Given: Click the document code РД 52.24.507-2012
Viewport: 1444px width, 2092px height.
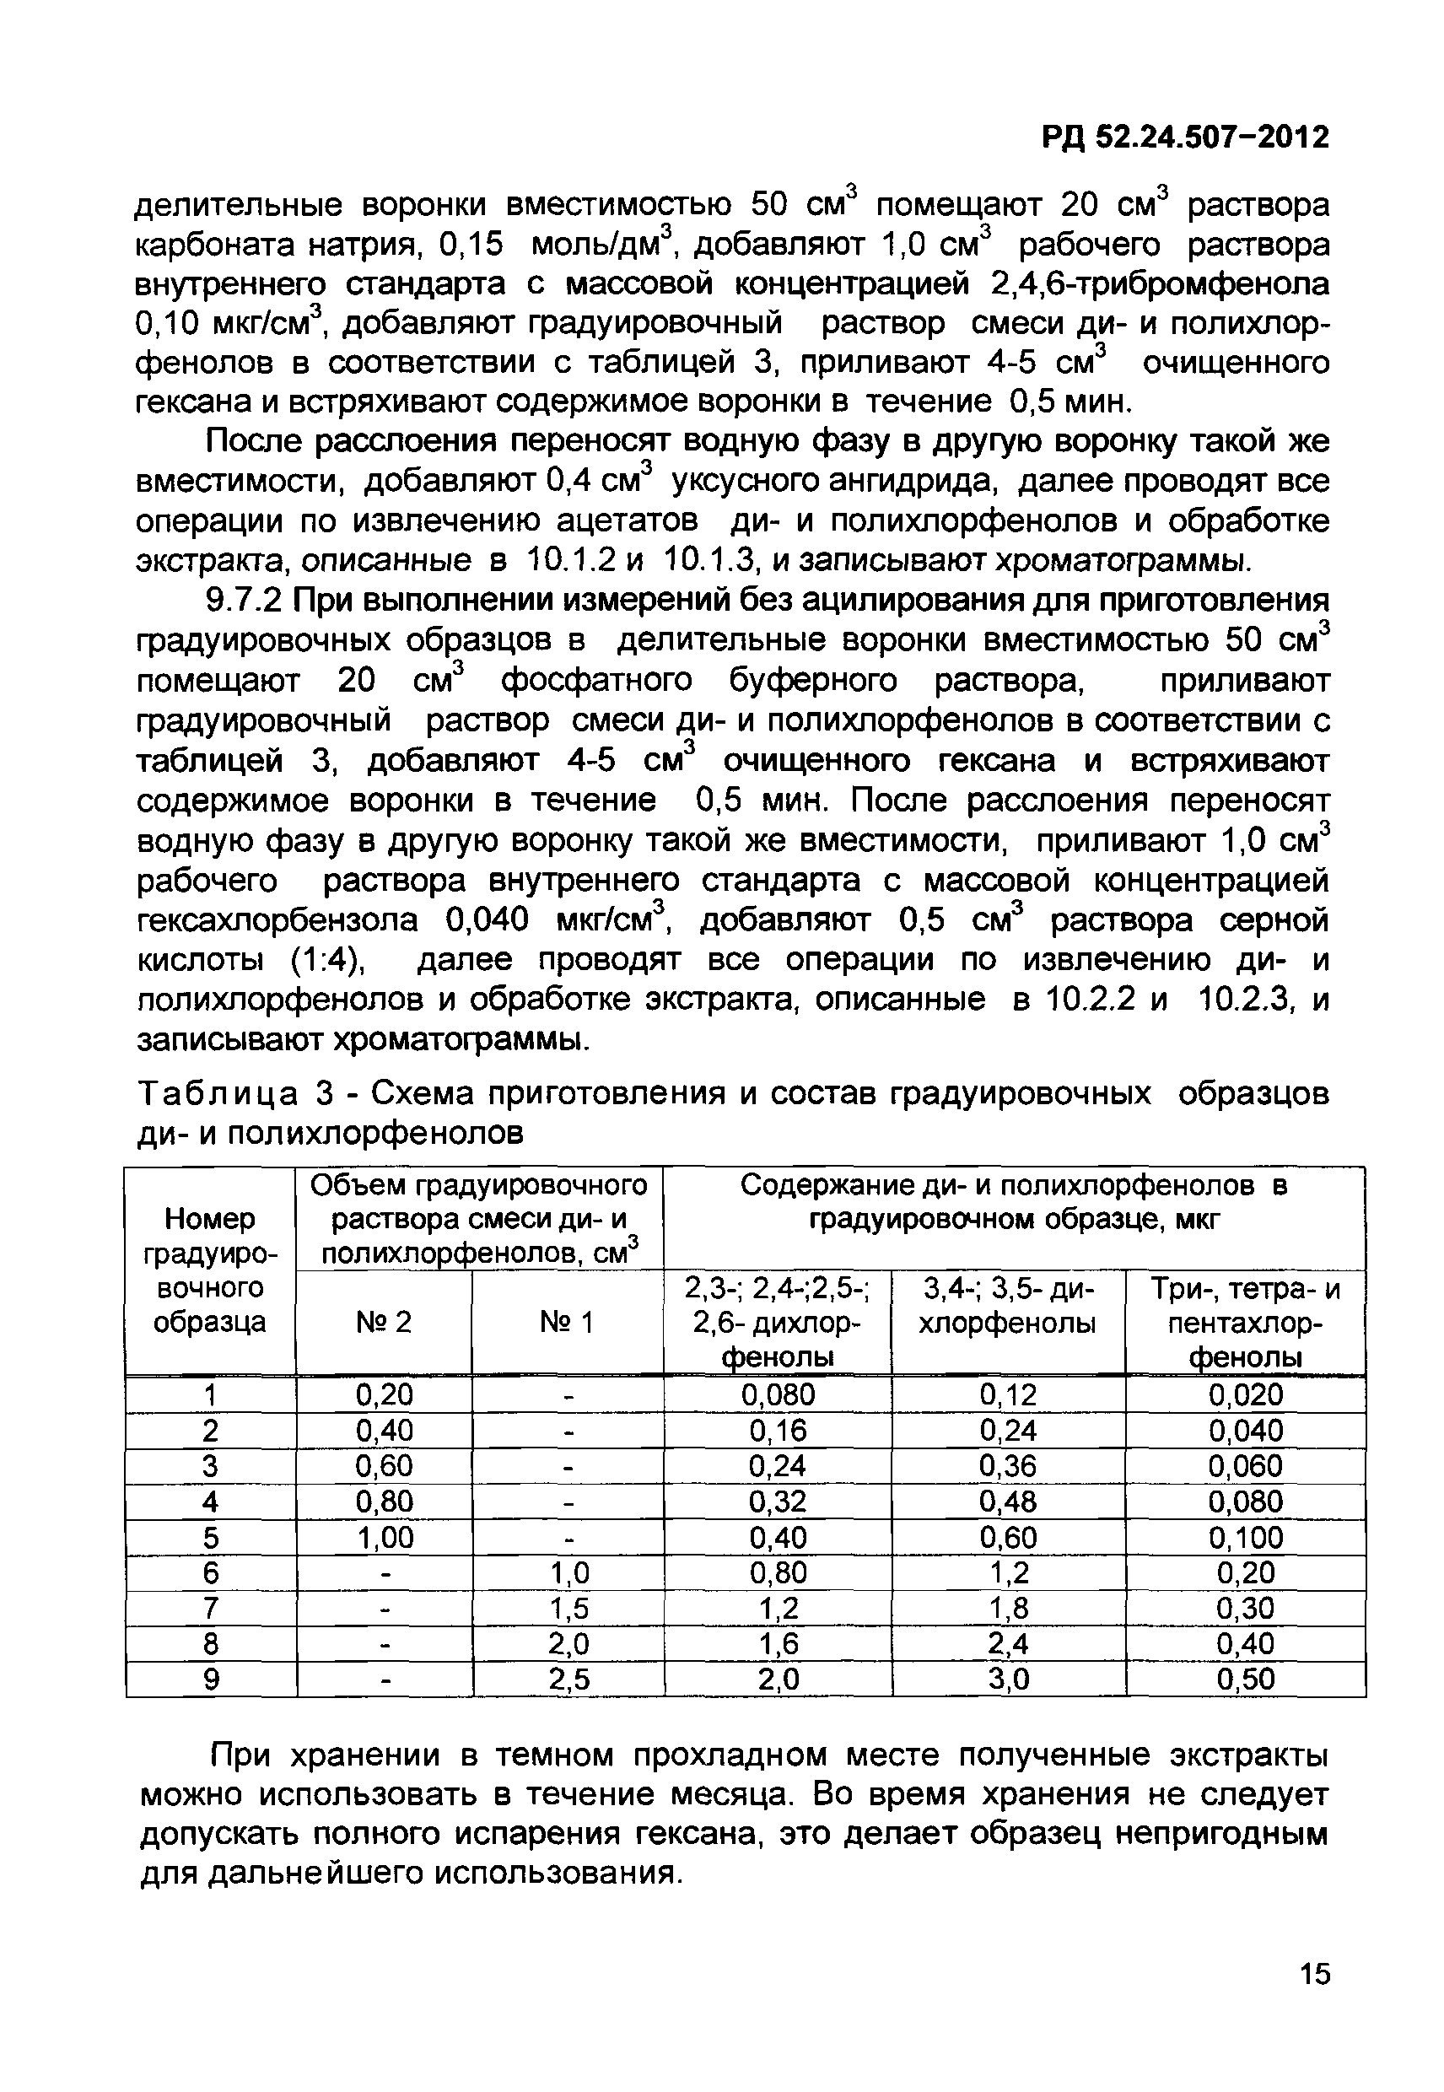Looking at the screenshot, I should (x=1185, y=137).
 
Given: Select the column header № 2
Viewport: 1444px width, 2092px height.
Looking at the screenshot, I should (x=384, y=1323).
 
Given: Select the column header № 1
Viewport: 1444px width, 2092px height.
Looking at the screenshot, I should (x=568, y=1323).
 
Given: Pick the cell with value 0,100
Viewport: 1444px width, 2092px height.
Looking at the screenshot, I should (x=1245, y=1537).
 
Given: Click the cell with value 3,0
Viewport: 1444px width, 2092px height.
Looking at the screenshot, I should (x=1008, y=1680).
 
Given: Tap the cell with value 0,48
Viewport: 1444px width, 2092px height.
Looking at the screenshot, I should (x=1008, y=1502).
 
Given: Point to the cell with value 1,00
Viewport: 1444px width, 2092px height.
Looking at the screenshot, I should (x=384, y=1537).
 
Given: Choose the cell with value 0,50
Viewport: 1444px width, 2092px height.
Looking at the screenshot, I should (x=1245, y=1680).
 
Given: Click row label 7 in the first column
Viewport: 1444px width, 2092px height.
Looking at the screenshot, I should (x=210, y=1609).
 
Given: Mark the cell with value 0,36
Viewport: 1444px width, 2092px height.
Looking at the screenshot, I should (x=1008, y=1466).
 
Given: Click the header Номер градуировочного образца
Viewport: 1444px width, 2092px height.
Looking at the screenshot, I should (x=210, y=1270).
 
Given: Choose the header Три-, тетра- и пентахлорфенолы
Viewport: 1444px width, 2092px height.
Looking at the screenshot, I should (x=1245, y=1323).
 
